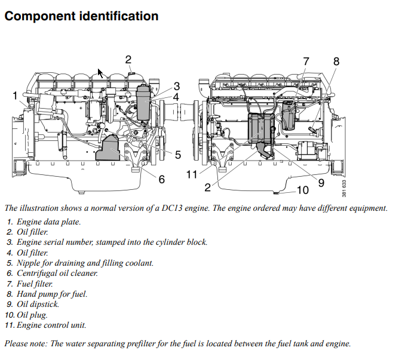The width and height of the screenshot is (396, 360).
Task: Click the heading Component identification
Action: coord(81,16)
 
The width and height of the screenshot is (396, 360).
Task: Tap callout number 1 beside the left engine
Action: coord(15,96)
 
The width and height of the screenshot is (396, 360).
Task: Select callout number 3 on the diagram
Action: coord(177,86)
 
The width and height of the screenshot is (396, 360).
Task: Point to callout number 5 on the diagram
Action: coord(177,155)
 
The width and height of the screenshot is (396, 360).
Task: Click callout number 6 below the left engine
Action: coord(161,179)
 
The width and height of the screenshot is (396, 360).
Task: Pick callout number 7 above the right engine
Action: coord(306,61)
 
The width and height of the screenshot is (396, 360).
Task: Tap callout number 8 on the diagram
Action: coord(336,61)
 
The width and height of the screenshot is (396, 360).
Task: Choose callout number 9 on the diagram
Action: coord(321,183)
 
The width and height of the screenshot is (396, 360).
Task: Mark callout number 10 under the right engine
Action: coord(303,190)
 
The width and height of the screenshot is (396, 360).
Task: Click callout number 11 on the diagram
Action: coord(191,174)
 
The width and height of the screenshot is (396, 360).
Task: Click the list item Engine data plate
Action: coord(48,222)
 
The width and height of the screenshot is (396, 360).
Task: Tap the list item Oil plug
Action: coord(32,315)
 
